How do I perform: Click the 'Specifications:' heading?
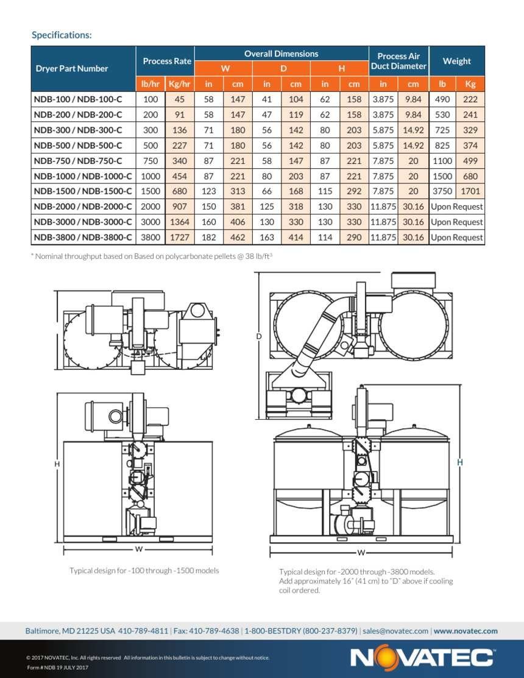coord(62,35)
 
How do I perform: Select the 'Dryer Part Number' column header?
coord(72,68)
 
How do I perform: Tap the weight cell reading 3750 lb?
coord(442,191)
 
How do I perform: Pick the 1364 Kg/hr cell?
coord(179,222)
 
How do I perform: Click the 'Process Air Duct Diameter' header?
coord(398,61)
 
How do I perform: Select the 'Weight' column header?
coord(456,61)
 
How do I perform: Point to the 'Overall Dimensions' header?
coord(281,54)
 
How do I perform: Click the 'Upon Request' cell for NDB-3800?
coord(456,238)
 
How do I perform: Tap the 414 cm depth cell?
coord(296,238)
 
